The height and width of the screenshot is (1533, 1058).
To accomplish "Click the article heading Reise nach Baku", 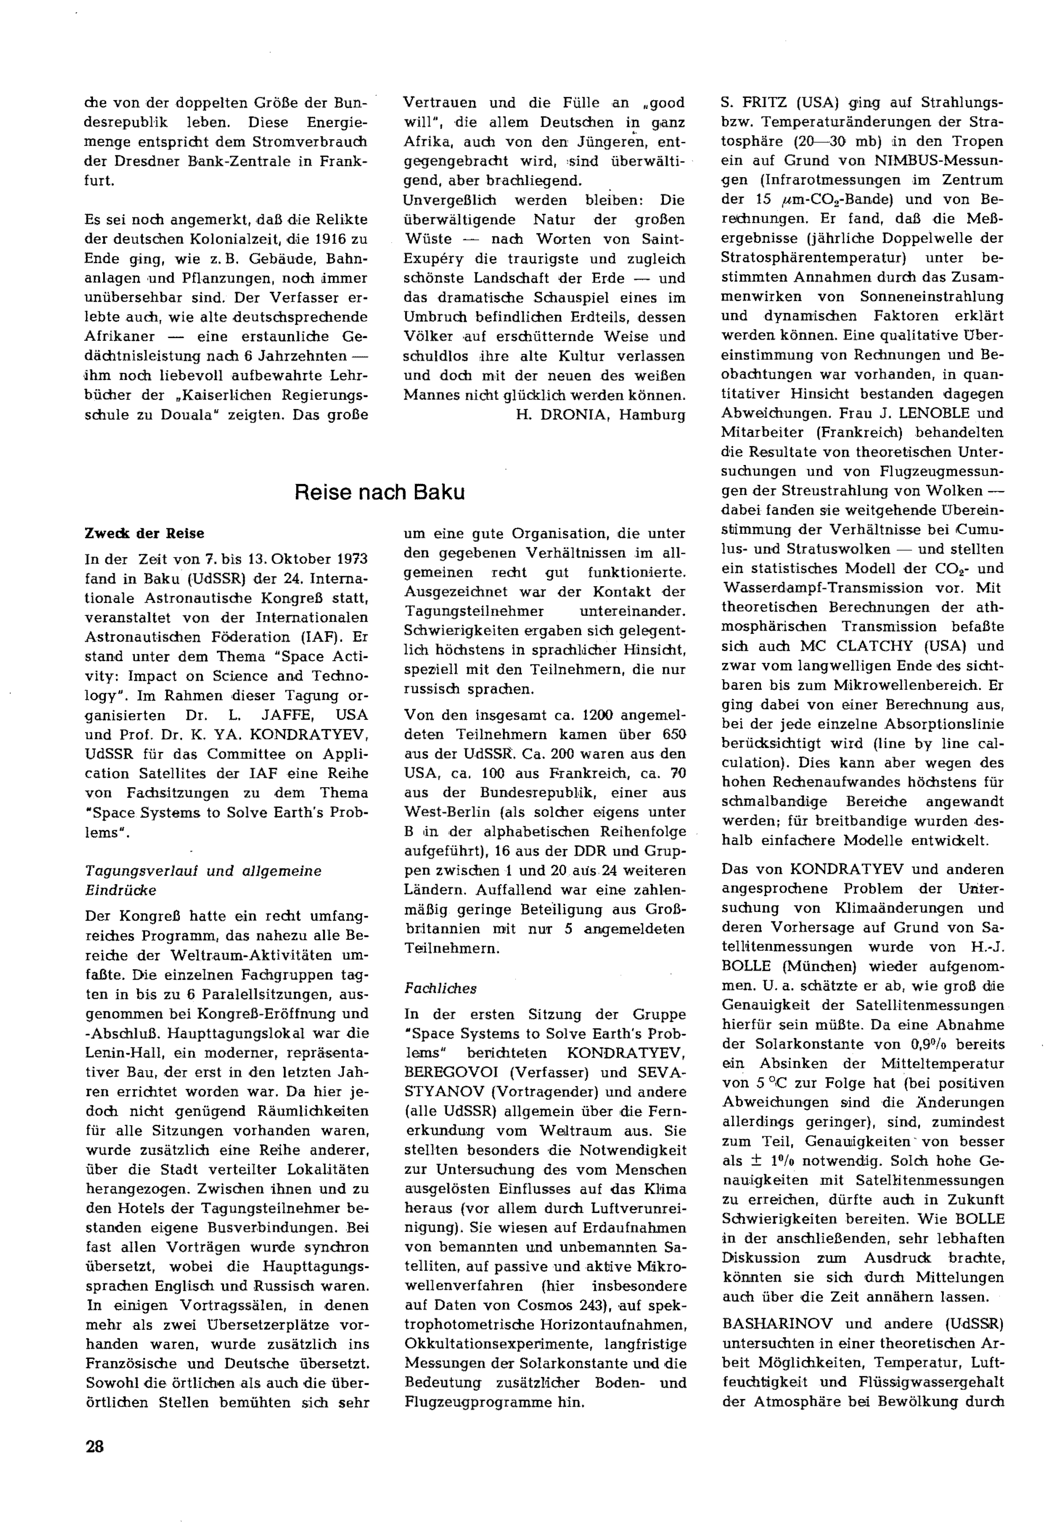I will coord(379,492).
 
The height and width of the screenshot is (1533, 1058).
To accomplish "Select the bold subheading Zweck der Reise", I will coord(144,534).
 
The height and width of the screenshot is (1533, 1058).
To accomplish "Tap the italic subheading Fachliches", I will coord(440,988).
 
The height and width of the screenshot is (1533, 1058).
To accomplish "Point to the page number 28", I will coord(95,1447).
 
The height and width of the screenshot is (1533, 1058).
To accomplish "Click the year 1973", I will coord(351,559).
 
